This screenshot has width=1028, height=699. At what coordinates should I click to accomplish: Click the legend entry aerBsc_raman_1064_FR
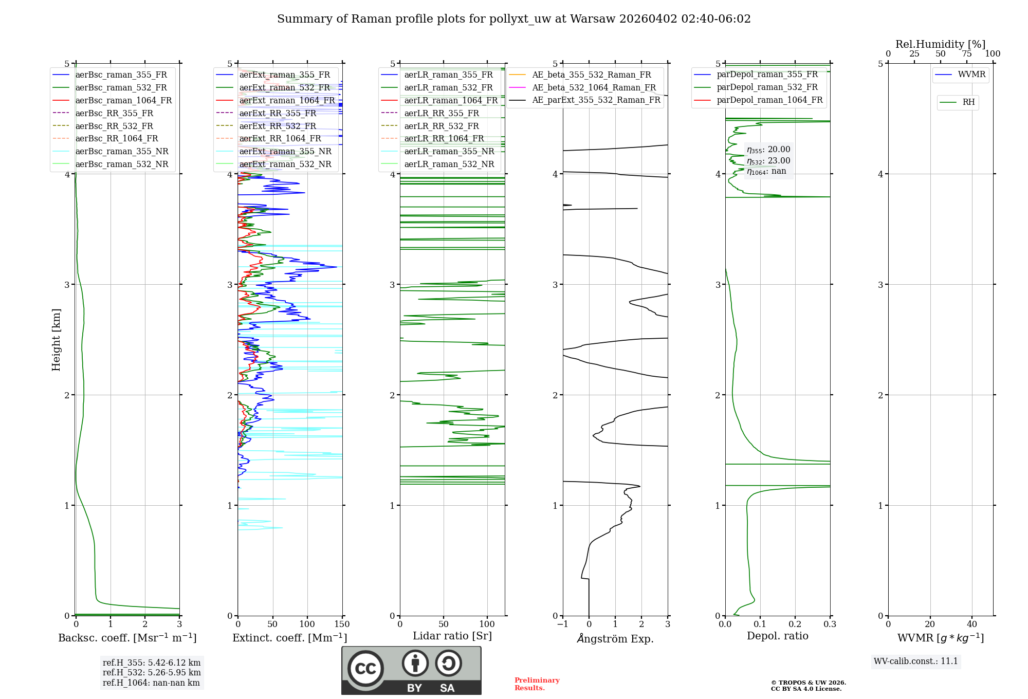(x=123, y=101)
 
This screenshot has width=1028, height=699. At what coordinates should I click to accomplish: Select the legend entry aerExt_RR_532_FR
(x=278, y=126)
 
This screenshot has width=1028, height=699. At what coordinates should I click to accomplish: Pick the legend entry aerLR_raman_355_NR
(x=449, y=151)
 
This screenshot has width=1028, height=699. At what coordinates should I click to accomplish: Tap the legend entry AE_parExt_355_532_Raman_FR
(x=596, y=100)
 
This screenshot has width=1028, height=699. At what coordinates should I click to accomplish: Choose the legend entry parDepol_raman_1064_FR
(x=769, y=100)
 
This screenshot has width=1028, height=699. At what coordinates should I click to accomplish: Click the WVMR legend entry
(x=971, y=75)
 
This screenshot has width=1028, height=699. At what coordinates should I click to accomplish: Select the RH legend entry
(x=968, y=102)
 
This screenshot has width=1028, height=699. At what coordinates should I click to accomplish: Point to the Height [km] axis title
(x=56, y=339)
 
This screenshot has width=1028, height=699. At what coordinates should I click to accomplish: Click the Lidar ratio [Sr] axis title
(x=452, y=636)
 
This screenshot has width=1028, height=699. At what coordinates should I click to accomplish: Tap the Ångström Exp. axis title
(x=615, y=638)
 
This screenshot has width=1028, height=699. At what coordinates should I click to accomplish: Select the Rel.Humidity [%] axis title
(x=940, y=44)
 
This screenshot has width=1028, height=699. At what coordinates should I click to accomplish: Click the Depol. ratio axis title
(x=777, y=636)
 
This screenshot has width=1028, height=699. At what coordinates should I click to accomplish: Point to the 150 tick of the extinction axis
(x=342, y=624)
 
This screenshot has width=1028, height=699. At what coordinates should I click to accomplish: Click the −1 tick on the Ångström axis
(x=562, y=624)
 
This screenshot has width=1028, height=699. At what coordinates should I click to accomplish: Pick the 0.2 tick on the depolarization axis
(x=795, y=624)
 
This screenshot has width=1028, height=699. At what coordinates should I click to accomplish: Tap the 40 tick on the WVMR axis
(x=971, y=624)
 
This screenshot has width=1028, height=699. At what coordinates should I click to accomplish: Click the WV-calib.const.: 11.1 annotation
(x=916, y=661)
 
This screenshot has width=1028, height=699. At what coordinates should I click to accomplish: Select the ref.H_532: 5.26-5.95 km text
(x=152, y=672)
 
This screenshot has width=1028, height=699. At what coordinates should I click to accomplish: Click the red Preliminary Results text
(x=537, y=684)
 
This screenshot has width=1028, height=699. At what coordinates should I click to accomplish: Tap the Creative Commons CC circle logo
(x=365, y=668)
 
